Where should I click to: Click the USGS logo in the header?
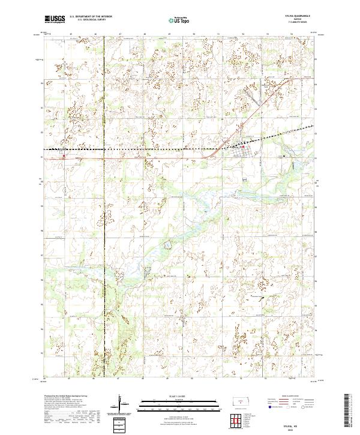(x=55, y=19)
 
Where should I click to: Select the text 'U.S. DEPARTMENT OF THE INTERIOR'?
(x=91, y=17)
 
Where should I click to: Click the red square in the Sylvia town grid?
(x=243, y=146)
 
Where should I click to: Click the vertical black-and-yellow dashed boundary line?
(x=104, y=240)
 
